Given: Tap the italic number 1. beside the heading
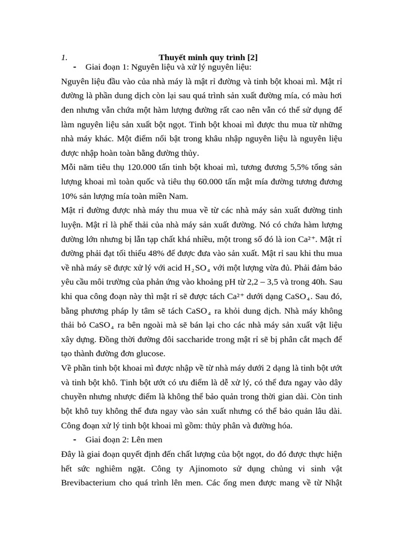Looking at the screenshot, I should point(64,57).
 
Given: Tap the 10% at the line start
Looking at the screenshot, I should point(68,196).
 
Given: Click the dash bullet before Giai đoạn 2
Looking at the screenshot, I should point(75,439).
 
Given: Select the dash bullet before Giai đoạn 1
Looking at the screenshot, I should point(75,67).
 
